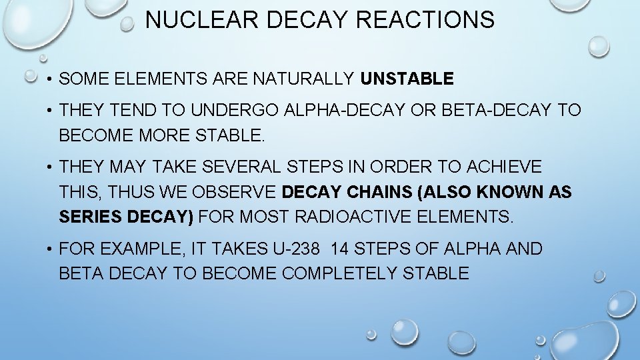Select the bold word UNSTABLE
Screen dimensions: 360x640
tap(407, 79)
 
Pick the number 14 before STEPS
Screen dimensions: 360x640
tap(339, 249)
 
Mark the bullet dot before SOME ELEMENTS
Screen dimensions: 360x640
tap(51, 80)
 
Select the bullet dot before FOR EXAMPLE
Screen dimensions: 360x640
tap(51, 250)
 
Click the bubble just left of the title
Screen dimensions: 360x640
tap(127, 25)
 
